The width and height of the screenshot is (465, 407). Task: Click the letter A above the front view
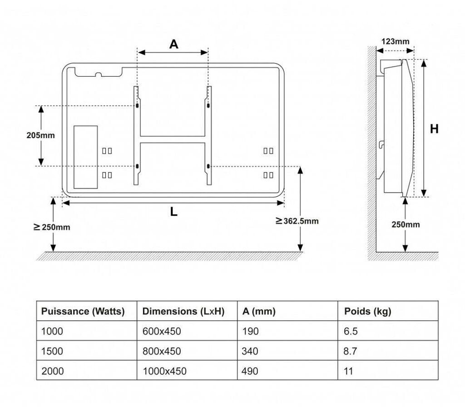(173, 44)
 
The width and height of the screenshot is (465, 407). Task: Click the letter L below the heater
(173, 212)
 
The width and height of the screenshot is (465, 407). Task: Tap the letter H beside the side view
(434, 129)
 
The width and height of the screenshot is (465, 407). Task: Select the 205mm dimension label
(40, 135)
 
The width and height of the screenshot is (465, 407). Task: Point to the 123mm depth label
(395, 41)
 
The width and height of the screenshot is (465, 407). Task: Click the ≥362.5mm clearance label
(297, 221)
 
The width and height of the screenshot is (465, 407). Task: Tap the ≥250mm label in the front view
(52, 227)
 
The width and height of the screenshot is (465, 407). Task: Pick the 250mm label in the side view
(406, 224)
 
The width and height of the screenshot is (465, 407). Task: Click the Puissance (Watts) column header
(83, 312)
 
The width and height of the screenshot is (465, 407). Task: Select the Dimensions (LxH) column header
(183, 312)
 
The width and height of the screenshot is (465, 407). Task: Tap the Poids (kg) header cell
(368, 312)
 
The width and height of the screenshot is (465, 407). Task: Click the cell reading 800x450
(162, 351)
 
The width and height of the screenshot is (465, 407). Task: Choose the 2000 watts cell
(53, 371)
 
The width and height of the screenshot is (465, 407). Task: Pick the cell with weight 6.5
(351, 332)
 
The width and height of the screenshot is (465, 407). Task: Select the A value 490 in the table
(250, 371)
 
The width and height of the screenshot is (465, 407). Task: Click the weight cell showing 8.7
(351, 351)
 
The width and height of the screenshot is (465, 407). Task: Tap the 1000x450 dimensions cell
(164, 371)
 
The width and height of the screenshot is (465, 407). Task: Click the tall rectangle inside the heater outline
(86, 157)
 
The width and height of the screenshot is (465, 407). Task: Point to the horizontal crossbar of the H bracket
(173, 139)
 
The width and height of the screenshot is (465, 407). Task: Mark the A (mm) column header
(259, 312)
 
